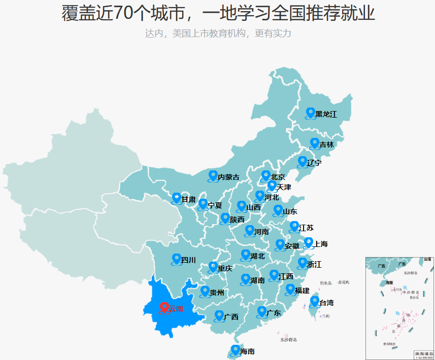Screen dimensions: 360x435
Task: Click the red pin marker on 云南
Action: [x=164, y=307]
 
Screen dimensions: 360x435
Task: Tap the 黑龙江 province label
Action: [x=326, y=115]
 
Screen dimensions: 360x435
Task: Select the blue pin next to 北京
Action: [x=265, y=175]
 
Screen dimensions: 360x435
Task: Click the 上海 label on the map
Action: [x=321, y=244]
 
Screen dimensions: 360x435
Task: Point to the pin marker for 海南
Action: [x=235, y=349]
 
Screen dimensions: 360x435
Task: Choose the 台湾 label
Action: [x=327, y=303]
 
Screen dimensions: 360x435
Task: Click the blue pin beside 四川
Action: [x=176, y=259]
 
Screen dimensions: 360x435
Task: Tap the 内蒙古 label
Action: [x=228, y=177]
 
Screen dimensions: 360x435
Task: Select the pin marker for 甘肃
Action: [x=176, y=198]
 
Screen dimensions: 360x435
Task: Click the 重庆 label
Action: [x=225, y=268]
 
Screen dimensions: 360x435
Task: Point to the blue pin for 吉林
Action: [x=314, y=143]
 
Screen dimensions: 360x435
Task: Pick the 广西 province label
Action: [x=231, y=317]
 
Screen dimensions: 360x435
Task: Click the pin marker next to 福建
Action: [x=290, y=289]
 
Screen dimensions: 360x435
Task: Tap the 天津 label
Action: [x=284, y=187]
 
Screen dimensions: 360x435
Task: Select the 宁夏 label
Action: [x=215, y=205]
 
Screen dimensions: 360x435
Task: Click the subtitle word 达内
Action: [x=154, y=33]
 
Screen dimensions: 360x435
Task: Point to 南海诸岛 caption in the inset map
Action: [x=424, y=353]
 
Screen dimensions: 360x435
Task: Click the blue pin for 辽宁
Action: [x=302, y=161]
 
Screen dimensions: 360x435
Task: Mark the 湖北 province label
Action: [x=257, y=256]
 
